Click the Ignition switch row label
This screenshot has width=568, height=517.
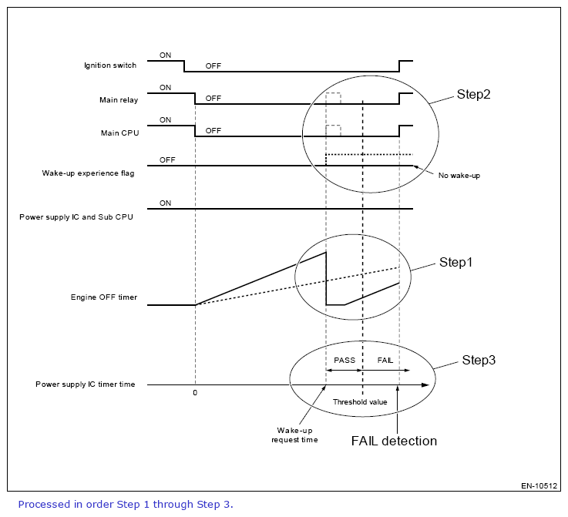(110, 65)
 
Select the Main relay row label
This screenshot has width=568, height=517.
(118, 99)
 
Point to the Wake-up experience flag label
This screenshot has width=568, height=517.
(88, 173)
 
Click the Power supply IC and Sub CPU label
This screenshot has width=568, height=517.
(76, 217)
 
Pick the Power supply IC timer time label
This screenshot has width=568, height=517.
(85, 384)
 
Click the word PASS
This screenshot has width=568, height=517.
(344, 361)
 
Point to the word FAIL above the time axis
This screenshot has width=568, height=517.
(385, 361)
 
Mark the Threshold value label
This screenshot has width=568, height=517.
(359, 402)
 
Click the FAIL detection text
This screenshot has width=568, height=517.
(394, 441)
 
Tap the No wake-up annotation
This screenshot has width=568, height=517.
(459, 176)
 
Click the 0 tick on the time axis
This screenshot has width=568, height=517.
(195, 393)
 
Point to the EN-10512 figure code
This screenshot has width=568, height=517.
(537, 486)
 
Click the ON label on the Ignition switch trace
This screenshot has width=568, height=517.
(165, 55)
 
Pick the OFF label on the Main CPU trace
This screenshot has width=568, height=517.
(213, 130)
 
